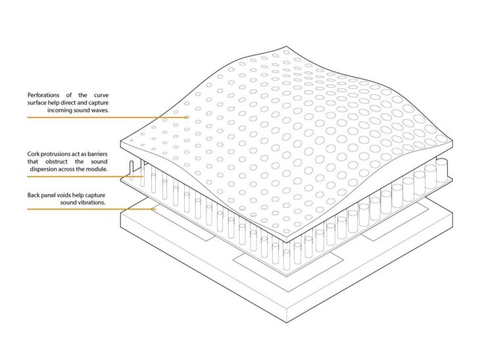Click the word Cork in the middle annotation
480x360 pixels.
34,154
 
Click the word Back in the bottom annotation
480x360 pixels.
34,195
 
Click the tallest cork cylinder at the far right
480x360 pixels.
441,169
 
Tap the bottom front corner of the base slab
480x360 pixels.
287,322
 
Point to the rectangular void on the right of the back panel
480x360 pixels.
391,224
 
